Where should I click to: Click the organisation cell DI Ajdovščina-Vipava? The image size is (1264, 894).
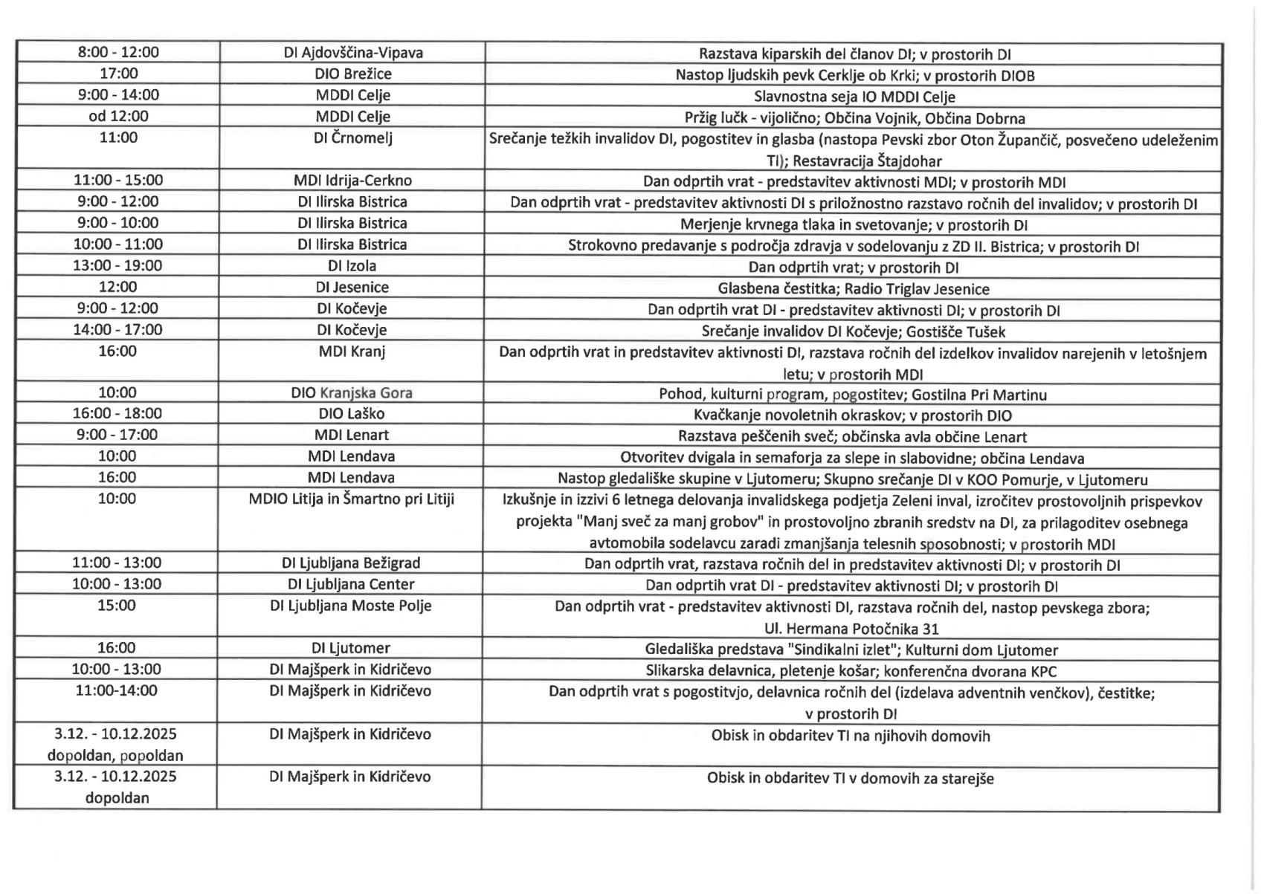click(x=353, y=53)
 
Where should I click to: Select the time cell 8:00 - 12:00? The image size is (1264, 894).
click(x=118, y=53)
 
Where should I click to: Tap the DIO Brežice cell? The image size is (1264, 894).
click(x=353, y=74)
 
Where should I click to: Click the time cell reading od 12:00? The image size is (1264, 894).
click(x=118, y=117)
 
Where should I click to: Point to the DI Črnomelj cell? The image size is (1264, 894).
click(x=353, y=138)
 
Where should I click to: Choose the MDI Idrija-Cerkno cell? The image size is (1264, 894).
click(x=353, y=181)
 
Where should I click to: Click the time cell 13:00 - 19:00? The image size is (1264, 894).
click(x=118, y=266)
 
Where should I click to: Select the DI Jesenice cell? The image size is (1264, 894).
click(x=353, y=288)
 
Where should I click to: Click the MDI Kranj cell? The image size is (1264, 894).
click(x=353, y=352)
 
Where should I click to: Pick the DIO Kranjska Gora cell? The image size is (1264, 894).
click(x=353, y=393)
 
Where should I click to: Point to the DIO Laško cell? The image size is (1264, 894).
click(x=353, y=414)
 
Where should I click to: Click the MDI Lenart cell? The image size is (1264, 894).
click(x=353, y=435)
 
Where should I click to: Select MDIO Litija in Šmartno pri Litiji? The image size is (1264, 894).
click(x=352, y=499)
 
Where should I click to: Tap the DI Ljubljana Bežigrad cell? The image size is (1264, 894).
click(x=352, y=563)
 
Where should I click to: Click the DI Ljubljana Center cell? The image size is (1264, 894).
click(x=352, y=585)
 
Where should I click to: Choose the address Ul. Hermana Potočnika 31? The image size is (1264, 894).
click(x=852, y=629)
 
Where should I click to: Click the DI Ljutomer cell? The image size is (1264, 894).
click(x=351, y=649)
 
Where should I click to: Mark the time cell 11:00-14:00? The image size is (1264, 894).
click(x=117, y=691)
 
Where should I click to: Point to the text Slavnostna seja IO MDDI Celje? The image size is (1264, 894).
click(x=854, y=97)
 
